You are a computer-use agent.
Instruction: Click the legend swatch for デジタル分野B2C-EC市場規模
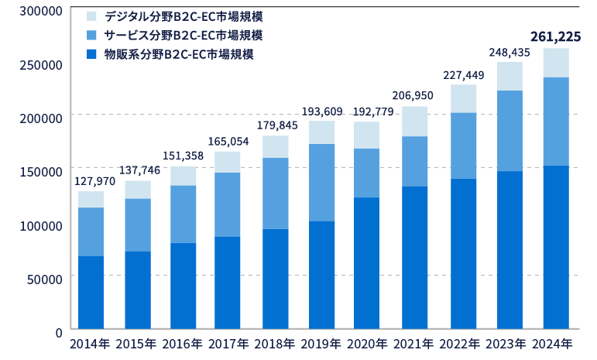click(x=91, y=15)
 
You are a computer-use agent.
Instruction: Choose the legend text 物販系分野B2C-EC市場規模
click(x=179, y=55)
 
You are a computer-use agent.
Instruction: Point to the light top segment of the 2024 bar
click(x=556, y=63)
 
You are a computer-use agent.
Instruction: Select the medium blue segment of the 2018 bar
click(x=276, y=194)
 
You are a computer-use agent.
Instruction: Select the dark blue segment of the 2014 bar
click(x=91, y=293)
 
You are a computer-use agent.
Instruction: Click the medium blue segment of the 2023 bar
click(x=510, y=131)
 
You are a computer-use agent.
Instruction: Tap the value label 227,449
click(x=464, y=75)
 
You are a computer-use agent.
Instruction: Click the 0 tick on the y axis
click(x=57, y=331)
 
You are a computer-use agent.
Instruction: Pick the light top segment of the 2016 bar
click(x=184, y=176)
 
